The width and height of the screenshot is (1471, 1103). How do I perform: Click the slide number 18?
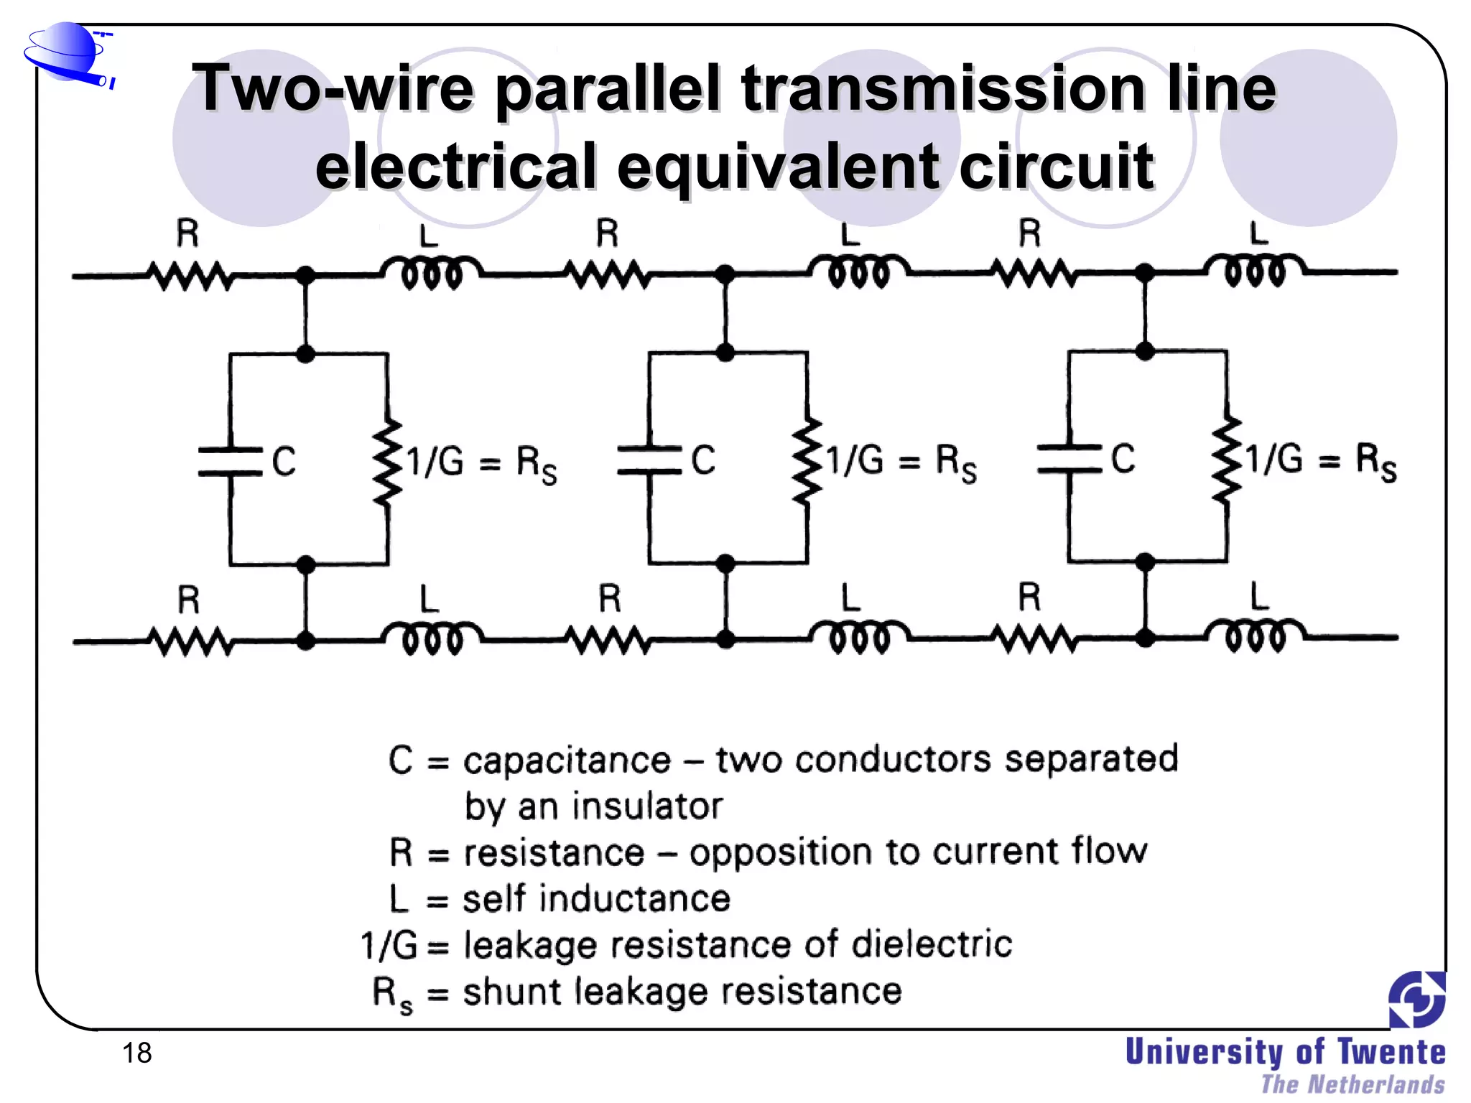pyautogui.click(x=136, y=1053)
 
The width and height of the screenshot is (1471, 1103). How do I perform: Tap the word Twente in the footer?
pyautogui.click(x=1391, y=1052)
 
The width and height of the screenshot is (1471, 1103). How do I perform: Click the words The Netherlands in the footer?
pyautogui.click(x=1352, y=1084)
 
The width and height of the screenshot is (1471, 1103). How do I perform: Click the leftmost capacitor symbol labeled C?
pyautogui.click(x=231, y=462)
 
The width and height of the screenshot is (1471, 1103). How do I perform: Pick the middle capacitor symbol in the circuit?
pyautogui.click(x=649, y=460)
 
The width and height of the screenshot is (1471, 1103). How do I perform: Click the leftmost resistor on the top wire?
pyautogui.click(x=190, y=276)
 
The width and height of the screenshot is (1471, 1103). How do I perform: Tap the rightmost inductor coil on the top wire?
pyautogui.click(x=1255, y=271)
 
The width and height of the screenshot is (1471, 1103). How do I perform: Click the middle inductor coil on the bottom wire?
pyautogui.click(x=858, y=637)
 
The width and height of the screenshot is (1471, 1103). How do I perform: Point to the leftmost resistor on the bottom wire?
pyautogui.click(x=190, y=641)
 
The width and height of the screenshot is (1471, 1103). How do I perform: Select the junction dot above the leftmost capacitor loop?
pyautogui.click(x=306, y=353)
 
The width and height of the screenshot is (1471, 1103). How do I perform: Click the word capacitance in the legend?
pyautogui.click(x=567, y=760)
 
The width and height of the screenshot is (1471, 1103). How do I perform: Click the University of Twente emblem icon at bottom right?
pyautogui.click(x=1416, y=999)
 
